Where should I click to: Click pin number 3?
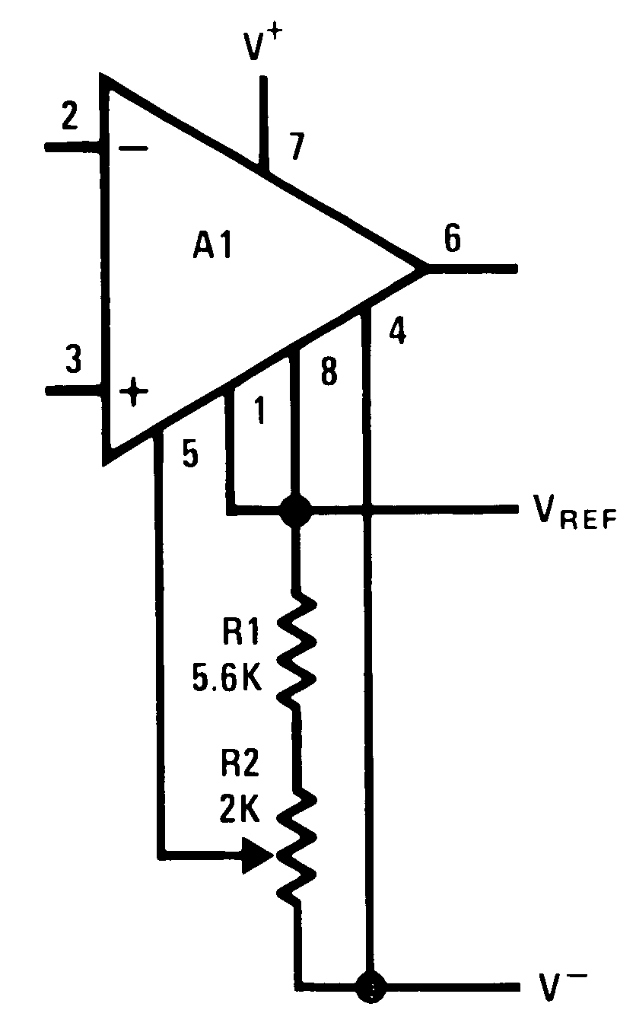(73, 359)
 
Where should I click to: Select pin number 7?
(298, 144)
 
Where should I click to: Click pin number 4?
(397, 333)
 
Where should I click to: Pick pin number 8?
(328, 374)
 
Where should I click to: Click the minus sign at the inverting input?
(134, 148)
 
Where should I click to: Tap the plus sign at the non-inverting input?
(134, 393)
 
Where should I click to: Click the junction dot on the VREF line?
(294, 511)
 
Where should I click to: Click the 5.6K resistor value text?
(227, 678)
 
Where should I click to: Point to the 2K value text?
(239, 811)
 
